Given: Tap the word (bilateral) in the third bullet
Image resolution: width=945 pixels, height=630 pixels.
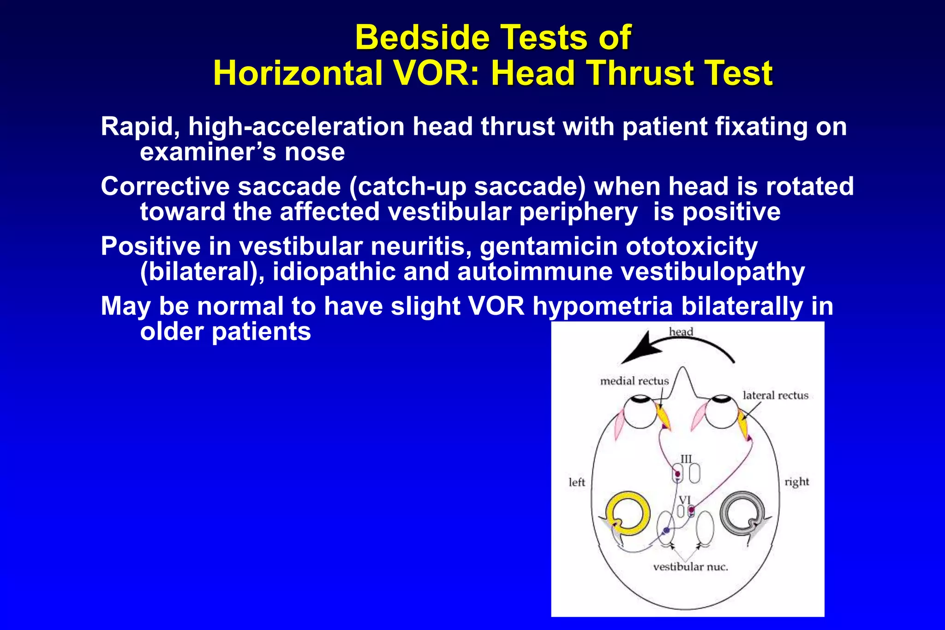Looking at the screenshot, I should tap(202, 272).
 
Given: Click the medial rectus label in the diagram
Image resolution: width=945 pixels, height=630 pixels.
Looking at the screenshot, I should tap(634, 381).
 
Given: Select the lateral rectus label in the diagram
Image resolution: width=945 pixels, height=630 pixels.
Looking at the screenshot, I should tap(775, 396).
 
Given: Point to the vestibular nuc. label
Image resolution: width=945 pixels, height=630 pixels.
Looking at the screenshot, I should tap(690, 567).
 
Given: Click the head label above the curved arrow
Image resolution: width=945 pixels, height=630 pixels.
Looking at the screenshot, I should tap(681, 332).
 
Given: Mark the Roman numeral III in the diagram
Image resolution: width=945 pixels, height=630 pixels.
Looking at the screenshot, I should tap(686, 459).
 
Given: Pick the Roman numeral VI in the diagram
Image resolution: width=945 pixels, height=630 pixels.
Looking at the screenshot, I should tap(685, 500).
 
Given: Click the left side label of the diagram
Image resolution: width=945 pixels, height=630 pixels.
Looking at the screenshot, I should tap(576, 482).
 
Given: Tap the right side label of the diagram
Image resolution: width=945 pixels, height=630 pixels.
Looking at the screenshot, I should tap(797, 482).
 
